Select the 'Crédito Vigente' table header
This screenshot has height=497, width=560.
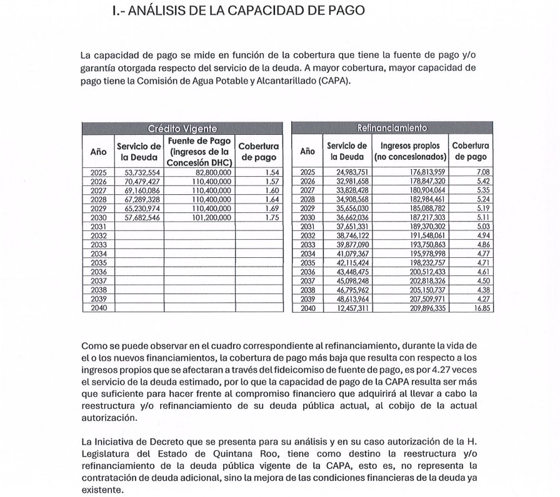click(x=182, y=129)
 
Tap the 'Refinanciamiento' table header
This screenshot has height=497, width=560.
click(x=392, y=129)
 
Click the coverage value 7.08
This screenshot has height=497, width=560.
click(x=481, y=173)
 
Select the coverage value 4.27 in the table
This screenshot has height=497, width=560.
click(x=481, y=299)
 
